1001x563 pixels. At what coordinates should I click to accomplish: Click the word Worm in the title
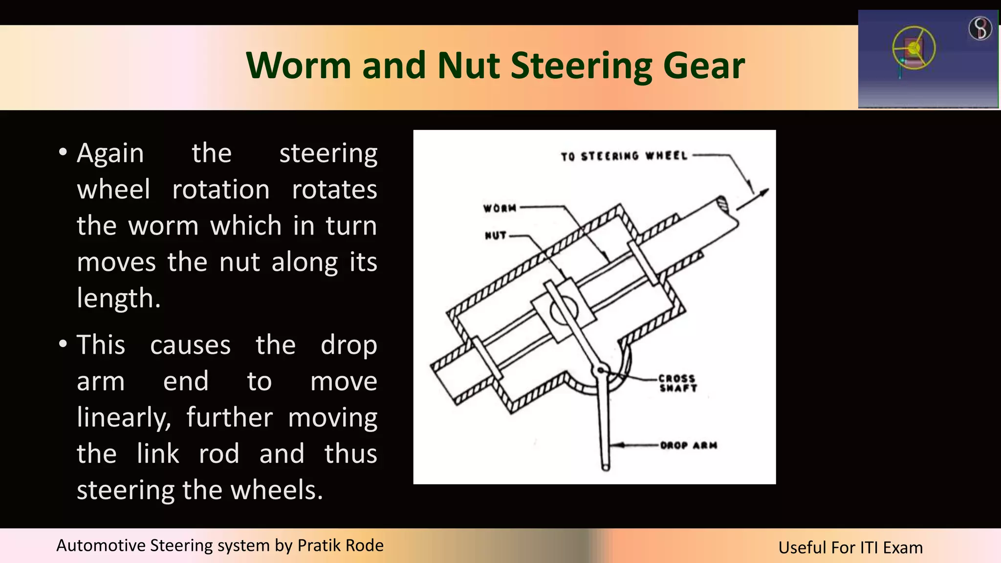pos(298,65)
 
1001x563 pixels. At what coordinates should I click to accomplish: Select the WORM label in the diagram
pos(500,208)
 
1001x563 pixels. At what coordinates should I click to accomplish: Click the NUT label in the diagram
pos(495,236)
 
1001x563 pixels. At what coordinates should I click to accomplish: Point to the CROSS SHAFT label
pos(677,383)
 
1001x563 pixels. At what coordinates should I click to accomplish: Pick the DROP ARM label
pos(688,445)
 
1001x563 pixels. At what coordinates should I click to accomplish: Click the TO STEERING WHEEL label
pos(624,156)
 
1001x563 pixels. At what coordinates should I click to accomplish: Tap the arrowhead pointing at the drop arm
pos(617,445)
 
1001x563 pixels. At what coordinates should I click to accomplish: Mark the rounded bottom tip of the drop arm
pos(606,467)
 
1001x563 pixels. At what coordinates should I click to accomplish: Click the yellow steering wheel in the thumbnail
pos(914,48)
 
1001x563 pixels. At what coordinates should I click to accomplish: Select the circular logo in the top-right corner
pos(980,28)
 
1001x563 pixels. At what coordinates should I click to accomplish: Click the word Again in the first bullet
pos(110,153)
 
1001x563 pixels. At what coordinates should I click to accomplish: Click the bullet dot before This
pos(63,344)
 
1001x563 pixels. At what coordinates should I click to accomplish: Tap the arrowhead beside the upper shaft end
pos(763,192)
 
